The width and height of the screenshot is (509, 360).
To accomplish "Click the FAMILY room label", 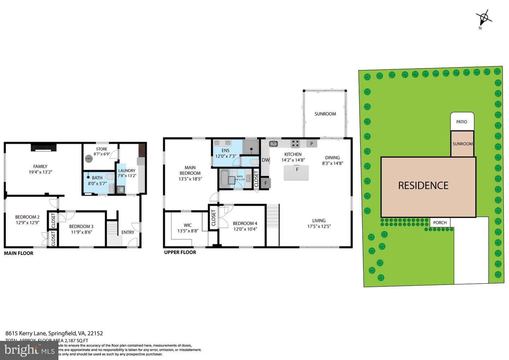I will [x=40, y=166].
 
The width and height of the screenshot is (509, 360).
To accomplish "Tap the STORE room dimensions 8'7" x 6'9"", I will [x=102, y=154].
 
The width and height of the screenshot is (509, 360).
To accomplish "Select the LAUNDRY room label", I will [x=127, y=171].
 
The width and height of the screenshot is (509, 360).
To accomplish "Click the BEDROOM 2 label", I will [x=27, y=217].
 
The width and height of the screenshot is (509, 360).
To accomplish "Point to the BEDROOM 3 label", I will [x=81, y=226].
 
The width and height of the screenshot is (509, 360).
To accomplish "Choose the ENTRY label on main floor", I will [x=128, y=232].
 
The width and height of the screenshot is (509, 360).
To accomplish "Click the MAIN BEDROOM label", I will [x=190, y=170].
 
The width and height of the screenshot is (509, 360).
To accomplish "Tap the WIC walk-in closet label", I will [x=188, y=225].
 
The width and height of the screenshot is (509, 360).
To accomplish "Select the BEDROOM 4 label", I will [x=245, y=223].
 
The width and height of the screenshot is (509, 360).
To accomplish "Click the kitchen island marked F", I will [x=297, y=173].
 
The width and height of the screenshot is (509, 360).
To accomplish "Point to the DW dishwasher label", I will [x=266, y=160].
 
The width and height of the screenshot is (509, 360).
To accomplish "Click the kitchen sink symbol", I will [x=273, y=144].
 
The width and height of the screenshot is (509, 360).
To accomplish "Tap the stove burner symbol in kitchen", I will [x=295, y=144].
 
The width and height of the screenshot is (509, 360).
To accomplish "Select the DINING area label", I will [x=332, y=158].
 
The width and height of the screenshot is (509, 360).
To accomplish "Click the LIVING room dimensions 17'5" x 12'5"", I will [x=319, y=226].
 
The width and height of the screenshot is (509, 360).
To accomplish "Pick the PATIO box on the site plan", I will [x=462, y=122].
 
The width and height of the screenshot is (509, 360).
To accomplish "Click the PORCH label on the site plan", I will [x=440, y=222].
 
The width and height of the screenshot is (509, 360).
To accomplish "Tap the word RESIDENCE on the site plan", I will [x=423, y=185].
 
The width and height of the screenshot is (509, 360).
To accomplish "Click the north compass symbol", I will [x=484, y=17].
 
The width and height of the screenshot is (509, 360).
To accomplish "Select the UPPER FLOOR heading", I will [x=180, y=252].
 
